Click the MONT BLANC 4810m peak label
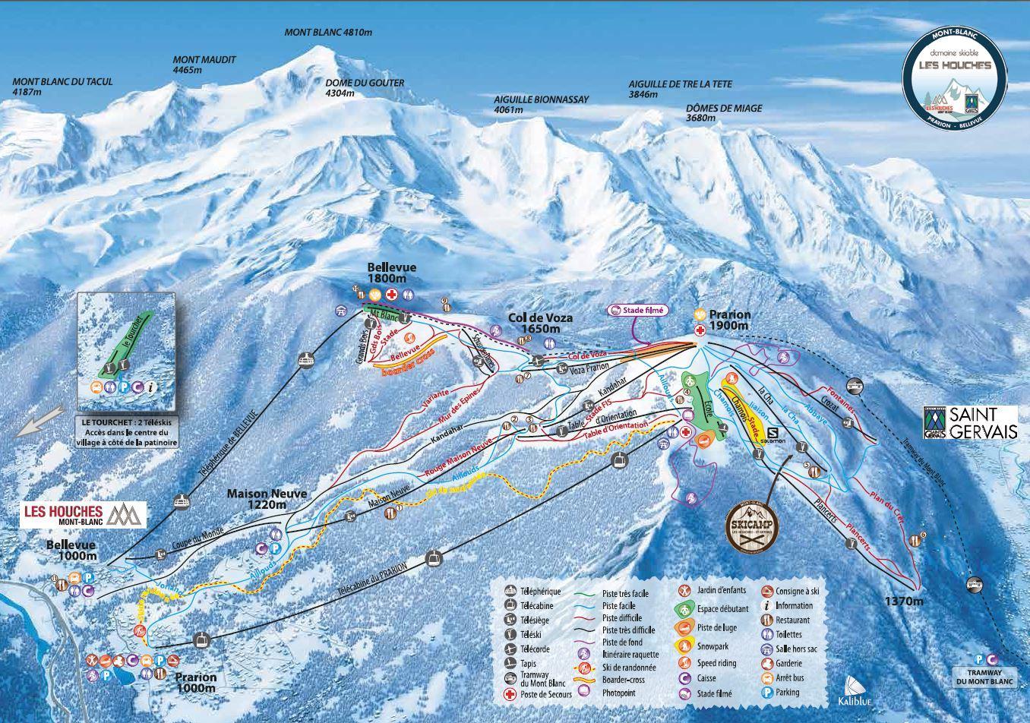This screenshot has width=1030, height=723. click(x=328, y=33)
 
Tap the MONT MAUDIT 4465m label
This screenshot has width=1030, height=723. click(x=204, y=65)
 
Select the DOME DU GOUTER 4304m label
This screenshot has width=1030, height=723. click(x=365, y=88)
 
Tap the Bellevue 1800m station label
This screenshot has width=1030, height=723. click(x=393, y=273)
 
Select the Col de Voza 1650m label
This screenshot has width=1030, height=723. click(x=540, y=324)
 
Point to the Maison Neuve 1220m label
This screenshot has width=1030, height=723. click(x=267, y=499)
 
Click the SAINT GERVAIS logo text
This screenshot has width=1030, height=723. click(x=970, y=422)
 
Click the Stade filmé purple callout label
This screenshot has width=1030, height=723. click(x=637, y=310)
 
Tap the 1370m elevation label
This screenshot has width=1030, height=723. click(x=903, y=601)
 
